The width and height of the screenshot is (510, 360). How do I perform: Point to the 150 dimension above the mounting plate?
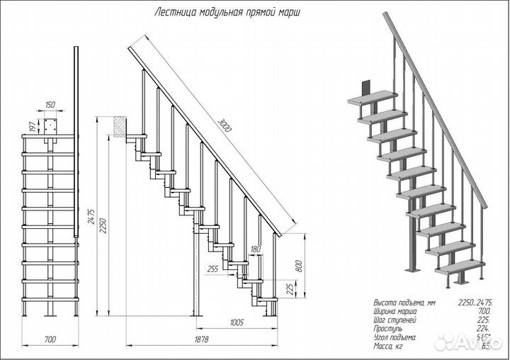click(x=50, y=104)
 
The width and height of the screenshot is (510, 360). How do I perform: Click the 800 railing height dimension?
click(x=298, y=266)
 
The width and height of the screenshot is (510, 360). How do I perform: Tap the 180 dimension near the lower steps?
click(x=256, y=249)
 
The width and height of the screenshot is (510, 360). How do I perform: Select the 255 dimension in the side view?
click(x=212, y=269)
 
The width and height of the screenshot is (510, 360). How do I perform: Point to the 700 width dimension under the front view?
click(x=50, y=340)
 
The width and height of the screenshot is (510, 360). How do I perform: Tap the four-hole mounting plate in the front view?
click(x=50, y=128)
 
